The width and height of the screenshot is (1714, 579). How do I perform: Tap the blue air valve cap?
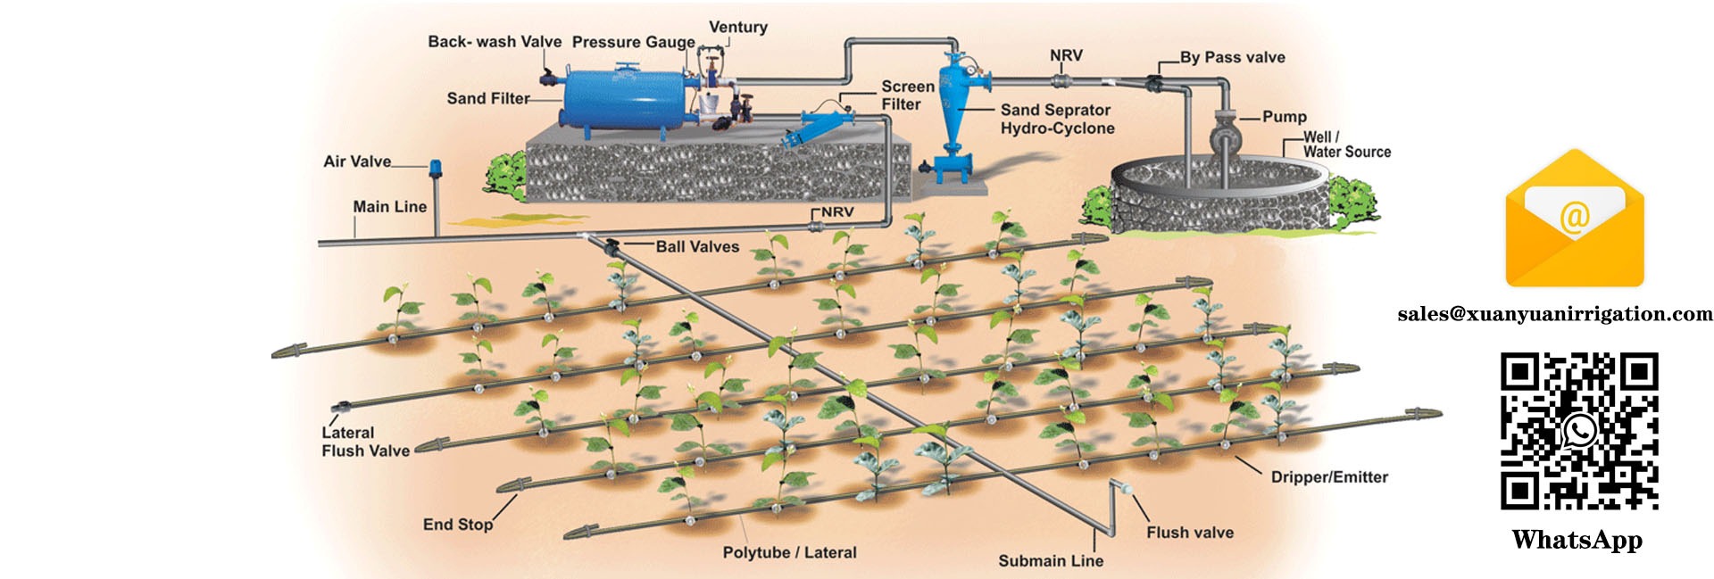(436, 166)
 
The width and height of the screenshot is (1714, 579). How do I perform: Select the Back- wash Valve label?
(495, 42)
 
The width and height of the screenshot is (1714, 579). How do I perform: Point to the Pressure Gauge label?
(633, 42)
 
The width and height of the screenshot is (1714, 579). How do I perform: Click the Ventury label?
(737, 27)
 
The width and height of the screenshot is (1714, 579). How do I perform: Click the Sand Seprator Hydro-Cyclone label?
(1057, 119)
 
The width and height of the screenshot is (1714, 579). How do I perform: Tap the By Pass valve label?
(1232, 57)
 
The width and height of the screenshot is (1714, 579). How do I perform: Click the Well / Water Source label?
(1346, 145)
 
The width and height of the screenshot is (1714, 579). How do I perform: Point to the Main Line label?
(389, 207)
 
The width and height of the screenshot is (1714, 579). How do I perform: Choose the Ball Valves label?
(697, 247)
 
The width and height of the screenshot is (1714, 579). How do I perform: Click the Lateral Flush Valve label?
(365, 442)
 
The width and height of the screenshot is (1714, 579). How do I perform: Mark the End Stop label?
(457, 525)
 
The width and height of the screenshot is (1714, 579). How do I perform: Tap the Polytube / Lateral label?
(789, 552)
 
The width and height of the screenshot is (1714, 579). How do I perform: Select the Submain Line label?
(1050, 560)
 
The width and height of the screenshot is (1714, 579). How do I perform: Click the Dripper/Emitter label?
(1329, 477)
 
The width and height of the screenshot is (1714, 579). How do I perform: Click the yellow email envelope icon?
(1575, 219)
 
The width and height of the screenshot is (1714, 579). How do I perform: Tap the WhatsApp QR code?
(1578, 431)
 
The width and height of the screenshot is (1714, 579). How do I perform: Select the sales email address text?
(1554, 314)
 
